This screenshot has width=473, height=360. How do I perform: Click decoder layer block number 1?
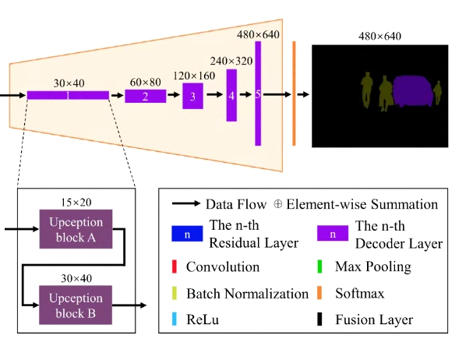tap(68, 95)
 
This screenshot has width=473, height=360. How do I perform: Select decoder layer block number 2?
tap(146, 96)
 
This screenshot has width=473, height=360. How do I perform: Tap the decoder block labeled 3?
tap(192, 96)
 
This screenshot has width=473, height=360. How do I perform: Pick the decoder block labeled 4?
tap(231, 95)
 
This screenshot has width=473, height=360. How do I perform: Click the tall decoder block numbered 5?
tap(258, 94)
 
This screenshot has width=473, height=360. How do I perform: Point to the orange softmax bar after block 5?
tap(294, 94)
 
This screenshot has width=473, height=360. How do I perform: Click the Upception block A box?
tap(76, 228)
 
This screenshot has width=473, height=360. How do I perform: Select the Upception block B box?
tap(76, 305)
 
